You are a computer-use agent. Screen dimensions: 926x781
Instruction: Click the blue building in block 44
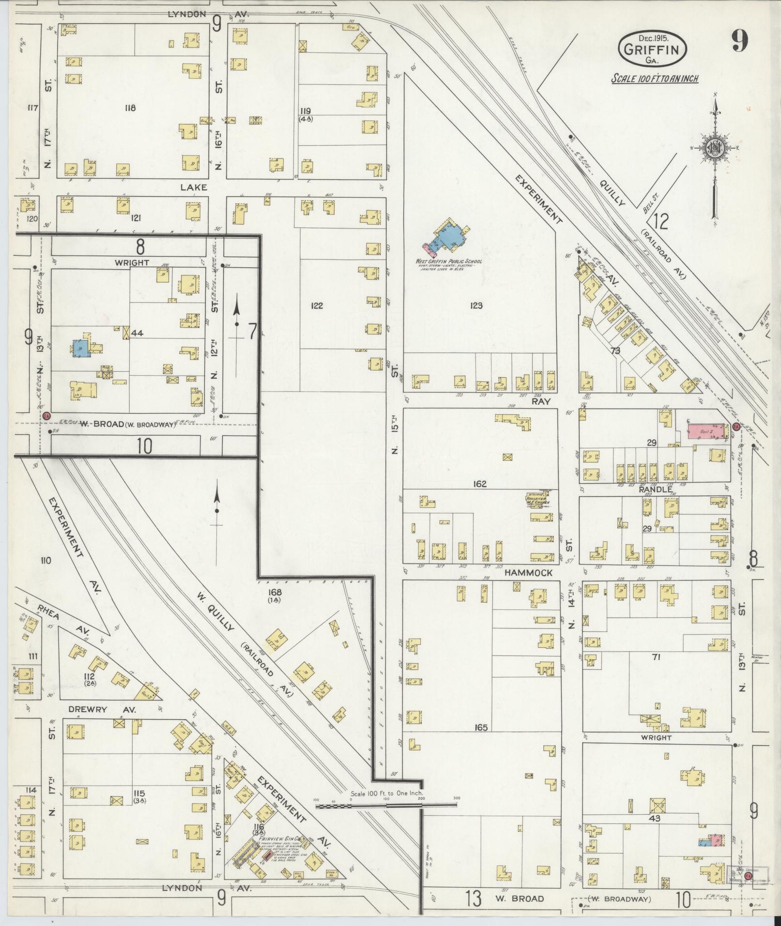(80, 349)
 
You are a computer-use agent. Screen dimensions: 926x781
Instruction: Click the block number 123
(476, 305)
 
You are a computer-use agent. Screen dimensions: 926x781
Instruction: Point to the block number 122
(317, 305)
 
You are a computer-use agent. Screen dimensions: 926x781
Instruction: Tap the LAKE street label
(195, 187)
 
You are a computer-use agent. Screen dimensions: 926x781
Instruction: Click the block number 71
(656, 657)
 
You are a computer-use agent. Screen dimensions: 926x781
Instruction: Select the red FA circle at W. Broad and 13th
(46, 416)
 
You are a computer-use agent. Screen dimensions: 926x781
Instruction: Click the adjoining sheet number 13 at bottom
(475, 899)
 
